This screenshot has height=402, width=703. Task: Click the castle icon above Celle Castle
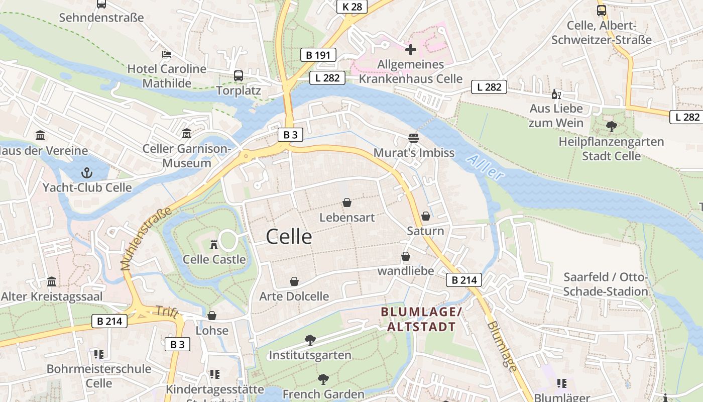tap(214, 245)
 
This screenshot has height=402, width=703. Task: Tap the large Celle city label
tap(289, 236)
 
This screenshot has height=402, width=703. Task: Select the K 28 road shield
tap(352, 7)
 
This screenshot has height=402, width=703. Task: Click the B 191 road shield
tap(318, 55)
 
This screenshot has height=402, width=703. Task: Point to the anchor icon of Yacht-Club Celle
tap(87, 173)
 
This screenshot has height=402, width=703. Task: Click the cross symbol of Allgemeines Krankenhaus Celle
tap(411, 50)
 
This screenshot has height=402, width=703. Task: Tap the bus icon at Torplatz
tap(239, 76)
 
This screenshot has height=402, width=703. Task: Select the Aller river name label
tap(485, 168)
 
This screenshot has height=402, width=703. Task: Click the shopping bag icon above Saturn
tap(426, 216)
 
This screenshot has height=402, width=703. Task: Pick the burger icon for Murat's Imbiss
tap(414, 138)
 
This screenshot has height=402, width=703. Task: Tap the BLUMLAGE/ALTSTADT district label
tap(421, 319)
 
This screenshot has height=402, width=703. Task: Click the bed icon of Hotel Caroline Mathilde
tap(167, 54)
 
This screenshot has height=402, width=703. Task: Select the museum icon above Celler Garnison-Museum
tap(187, 134)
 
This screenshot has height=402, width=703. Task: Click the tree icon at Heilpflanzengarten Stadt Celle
tap(611, 126)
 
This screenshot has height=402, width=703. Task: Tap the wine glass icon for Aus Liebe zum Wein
tap(556, 94)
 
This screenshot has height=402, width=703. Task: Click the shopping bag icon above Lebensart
tap(347, 203)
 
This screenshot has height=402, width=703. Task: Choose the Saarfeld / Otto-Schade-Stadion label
tap(606, 284)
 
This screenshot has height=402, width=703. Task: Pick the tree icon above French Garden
tap(323, 379)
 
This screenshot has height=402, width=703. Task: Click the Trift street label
tap(167, 312)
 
